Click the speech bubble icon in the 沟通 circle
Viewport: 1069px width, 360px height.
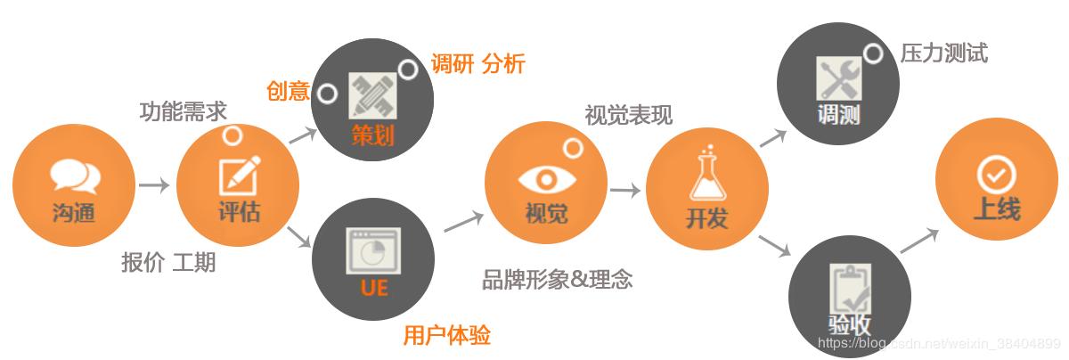pos(74,176)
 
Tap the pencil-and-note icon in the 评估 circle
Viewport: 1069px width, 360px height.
pos(239,176)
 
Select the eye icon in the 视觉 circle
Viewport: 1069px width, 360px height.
pos(546,178)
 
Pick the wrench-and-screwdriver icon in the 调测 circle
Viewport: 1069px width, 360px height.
pos(838,78)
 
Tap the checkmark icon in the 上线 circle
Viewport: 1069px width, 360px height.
pos(996,175)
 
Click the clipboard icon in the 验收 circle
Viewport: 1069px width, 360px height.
pos(850,288)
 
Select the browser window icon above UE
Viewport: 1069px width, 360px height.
pos(372,250)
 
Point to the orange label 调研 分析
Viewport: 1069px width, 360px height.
pos(477,64)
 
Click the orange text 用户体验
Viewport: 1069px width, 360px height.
pos(446,335)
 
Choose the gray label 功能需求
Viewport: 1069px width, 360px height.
pos(184,111)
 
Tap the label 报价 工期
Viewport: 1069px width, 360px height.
pos(168,263)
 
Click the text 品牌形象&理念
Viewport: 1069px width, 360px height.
pos(557,279)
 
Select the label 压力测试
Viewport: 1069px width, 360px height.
pos(943,53)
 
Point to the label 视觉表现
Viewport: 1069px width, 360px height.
pos(628,115)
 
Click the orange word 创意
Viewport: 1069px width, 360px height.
pos(288,91)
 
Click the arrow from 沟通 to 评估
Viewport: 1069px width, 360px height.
pos(153,185)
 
